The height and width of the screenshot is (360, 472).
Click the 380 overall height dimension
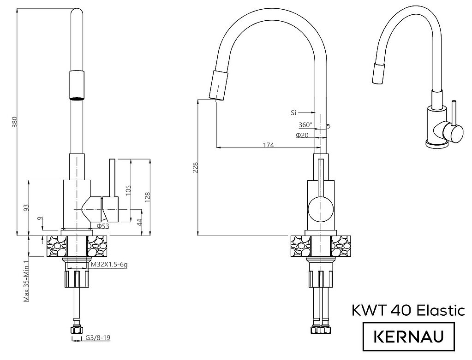point(14,121)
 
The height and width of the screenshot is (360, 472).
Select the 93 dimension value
point(26,207)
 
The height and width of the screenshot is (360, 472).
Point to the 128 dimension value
point(148,197)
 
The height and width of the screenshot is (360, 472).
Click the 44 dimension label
point(139,223)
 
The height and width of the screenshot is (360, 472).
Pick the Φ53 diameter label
point(102,226)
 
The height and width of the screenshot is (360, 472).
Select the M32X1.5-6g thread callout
point(109,265)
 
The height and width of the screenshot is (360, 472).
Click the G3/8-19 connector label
point(98,338)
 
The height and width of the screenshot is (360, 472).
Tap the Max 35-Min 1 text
point(26,280)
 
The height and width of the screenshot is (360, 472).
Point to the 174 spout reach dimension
point(269,145)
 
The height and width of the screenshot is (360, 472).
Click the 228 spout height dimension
point(196,167)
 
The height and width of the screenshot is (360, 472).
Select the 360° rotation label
point(305,125)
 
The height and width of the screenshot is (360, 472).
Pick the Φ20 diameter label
point(302,136)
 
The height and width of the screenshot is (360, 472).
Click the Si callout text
point(293,113)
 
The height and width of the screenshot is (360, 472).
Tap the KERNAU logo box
point(408,336)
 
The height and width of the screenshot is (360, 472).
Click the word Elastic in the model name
point(441,310)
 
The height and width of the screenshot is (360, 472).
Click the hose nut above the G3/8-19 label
point(77,330)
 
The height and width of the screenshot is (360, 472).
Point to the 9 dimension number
point(41,218)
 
